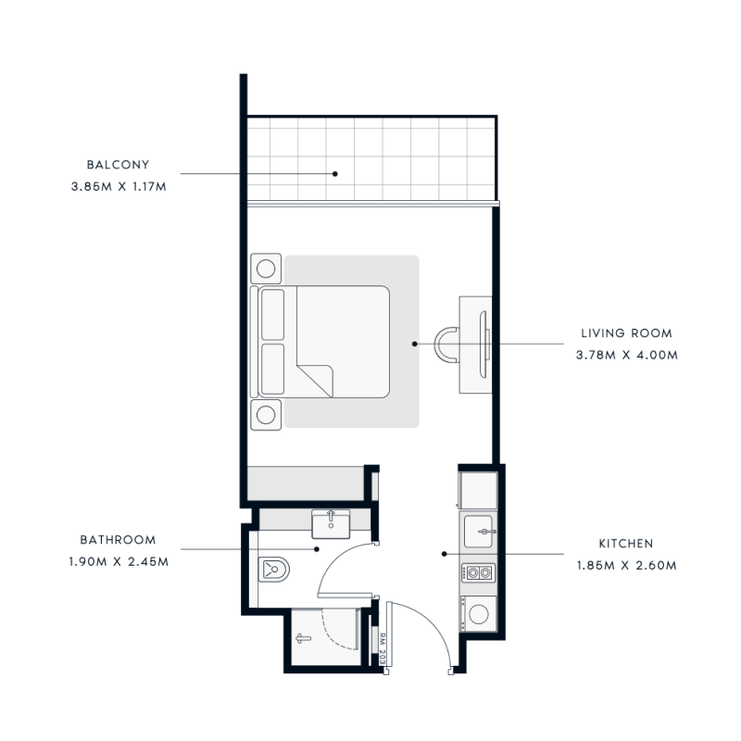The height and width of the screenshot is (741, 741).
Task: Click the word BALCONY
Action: click(x=118, y=165)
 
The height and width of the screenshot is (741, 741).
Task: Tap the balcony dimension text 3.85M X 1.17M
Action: click(x=118, y=185)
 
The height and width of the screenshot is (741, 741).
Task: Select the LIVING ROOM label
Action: click(x=627, y=333)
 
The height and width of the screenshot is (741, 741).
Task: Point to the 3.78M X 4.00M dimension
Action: click(x=627, y=354)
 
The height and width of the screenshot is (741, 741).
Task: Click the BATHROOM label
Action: click(x=118, y=539)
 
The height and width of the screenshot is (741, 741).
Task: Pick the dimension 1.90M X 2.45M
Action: click(x=118, y=560)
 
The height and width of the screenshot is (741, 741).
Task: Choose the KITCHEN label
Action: click(x=626, y=544)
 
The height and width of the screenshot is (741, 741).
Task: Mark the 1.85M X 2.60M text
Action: click(x=627, y=565)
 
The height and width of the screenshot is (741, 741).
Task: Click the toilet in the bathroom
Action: click(x=273, y=566)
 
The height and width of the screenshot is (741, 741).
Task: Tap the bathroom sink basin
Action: click(x=329, y=525)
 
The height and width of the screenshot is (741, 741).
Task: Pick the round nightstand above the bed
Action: click(x=266, y=270)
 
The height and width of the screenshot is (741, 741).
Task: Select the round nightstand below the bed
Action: click(x=266, y=414)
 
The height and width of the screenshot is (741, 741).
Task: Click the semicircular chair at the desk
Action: click(x=447, y=344)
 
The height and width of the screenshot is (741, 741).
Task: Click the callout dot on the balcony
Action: click(x=337, y=173)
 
